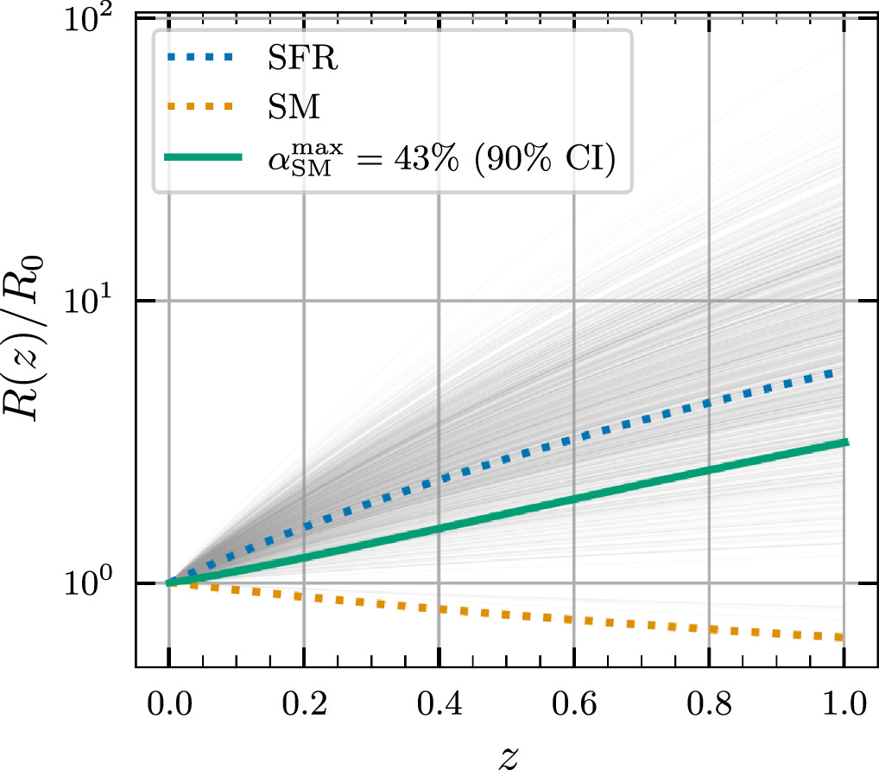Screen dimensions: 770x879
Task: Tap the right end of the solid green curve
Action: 847,442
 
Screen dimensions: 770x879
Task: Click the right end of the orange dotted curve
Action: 838,638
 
